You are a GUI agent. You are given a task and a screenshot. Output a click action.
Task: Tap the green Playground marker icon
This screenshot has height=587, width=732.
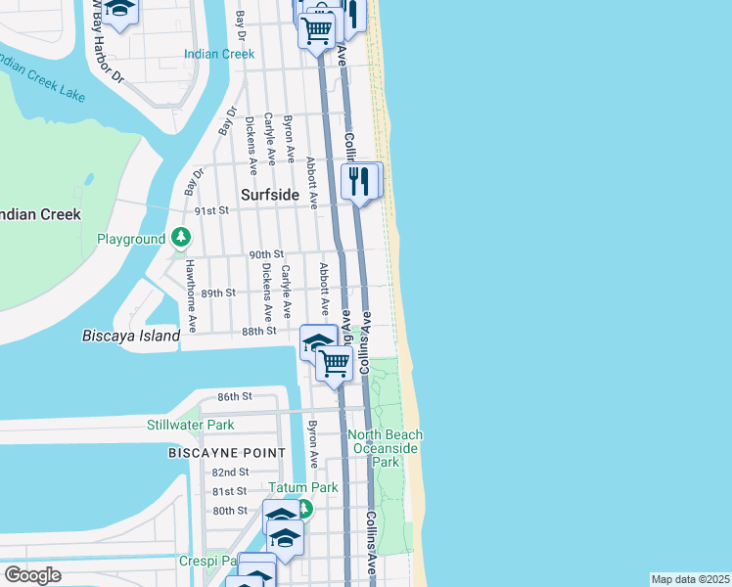tap(181, 238)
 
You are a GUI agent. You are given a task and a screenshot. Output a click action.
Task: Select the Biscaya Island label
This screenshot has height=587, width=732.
tap(131, 336)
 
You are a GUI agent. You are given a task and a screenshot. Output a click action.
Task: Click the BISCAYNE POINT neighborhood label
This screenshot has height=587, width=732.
tap(227, 453)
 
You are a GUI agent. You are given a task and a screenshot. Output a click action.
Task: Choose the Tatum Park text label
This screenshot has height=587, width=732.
tap(303, 487)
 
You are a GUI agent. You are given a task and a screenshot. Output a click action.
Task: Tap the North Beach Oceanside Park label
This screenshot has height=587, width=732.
tap(388, 448)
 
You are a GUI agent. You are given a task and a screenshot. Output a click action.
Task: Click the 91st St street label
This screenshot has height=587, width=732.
tap(210, 210)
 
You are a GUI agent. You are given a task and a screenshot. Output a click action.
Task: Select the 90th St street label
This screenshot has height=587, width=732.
tap(265, 254)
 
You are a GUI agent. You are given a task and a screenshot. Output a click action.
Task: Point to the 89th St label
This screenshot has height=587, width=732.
tap(218, 293)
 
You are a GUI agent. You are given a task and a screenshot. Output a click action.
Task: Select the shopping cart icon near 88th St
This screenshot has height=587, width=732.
tap(335, 363)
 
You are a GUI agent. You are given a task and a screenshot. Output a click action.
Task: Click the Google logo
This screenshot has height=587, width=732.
tap(33, 575)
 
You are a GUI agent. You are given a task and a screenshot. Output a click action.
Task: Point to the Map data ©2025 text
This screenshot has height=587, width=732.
tap(689, 579)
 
